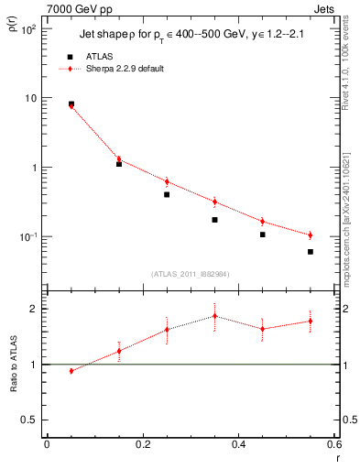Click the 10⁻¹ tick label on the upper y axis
point(27,237)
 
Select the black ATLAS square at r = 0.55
point(311,252)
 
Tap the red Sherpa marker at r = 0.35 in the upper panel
point(214,202)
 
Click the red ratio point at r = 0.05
point(71,371)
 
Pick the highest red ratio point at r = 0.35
point(214,316)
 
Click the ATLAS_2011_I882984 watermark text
point(190,273)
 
